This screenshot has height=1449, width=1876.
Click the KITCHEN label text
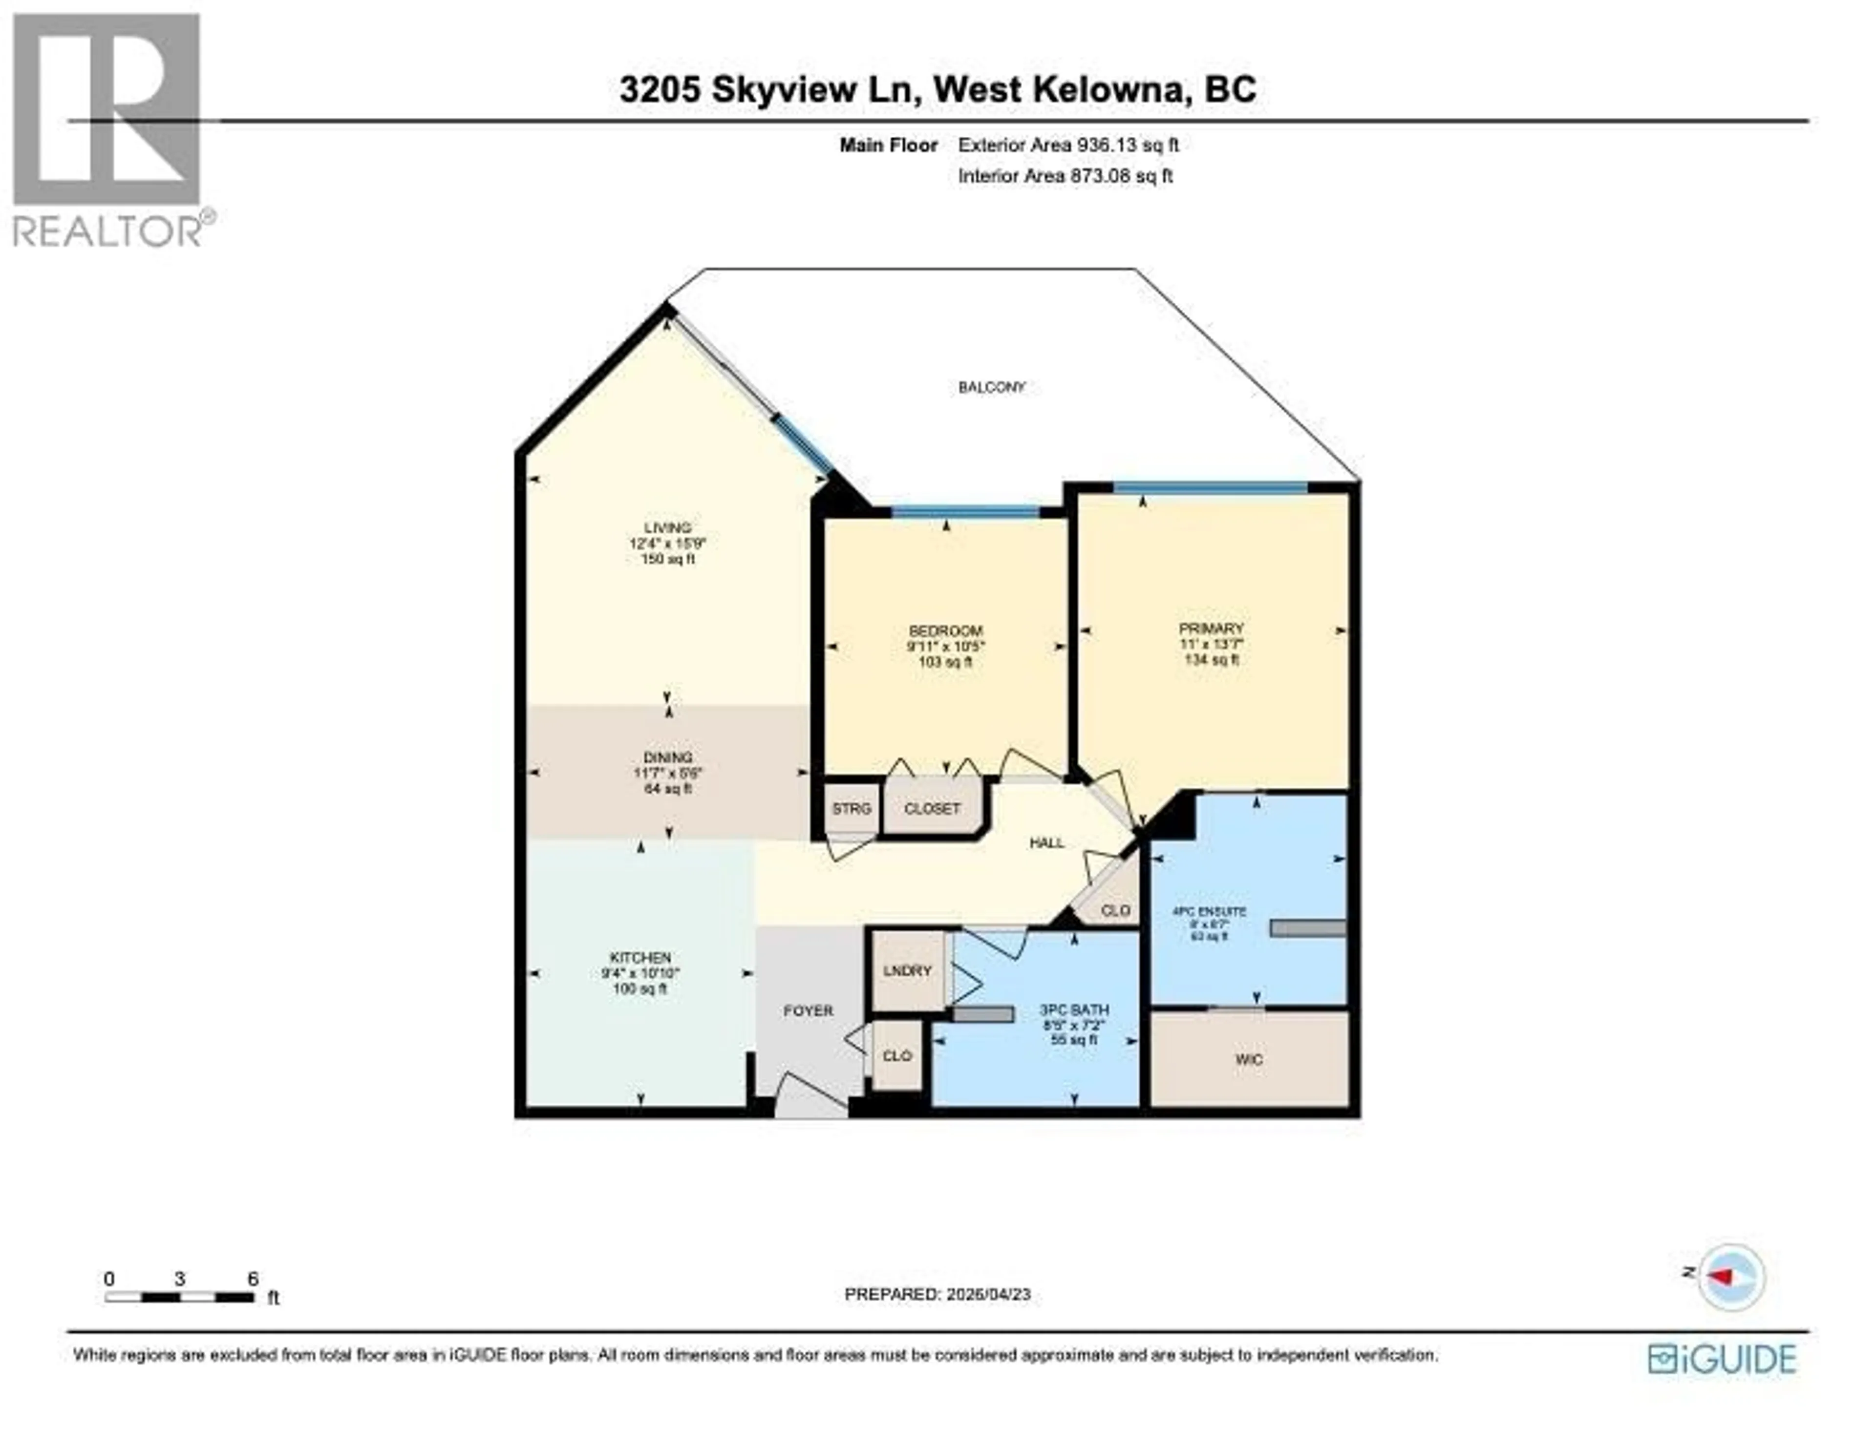coord(640,957)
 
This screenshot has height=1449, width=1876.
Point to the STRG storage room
coord(851,808)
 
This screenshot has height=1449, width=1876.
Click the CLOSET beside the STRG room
coord(932,808)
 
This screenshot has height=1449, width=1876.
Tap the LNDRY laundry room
coord(907,970)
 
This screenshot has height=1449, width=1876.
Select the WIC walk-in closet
coord(1248,1059)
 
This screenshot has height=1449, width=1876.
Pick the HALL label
coord(1047,842)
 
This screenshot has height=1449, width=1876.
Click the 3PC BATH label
coord(1074,1009)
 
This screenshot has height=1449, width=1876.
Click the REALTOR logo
coord(107,129)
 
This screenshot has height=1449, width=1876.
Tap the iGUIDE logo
coord(1722,1359)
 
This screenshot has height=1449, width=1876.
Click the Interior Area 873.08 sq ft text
coord(1065,176)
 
